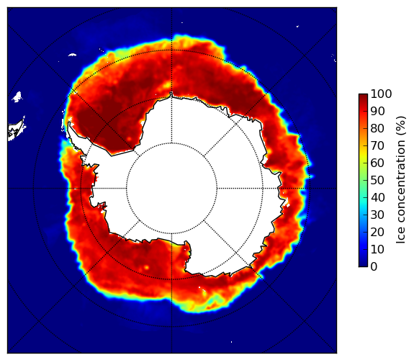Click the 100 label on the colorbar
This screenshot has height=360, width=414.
pos(381,94)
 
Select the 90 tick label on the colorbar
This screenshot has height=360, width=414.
pos(377,111)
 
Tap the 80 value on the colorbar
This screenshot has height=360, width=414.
pos(377,129)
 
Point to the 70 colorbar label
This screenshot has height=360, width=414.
pos(377,145)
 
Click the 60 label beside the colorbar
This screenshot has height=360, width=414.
pos(377,163)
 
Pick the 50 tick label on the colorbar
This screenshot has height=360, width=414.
pos(377,181)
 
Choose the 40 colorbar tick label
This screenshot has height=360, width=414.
pos(377,197)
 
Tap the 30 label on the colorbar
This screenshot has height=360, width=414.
pos(377,215)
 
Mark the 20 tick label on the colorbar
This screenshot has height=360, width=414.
pos(377,232)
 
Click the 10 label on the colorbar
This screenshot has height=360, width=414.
pos(377,249)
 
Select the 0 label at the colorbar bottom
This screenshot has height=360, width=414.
pos(374,267)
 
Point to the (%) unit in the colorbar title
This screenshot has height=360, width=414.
pos(401,126)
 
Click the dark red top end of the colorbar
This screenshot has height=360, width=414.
pos(363,96)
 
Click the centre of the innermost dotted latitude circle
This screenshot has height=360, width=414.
pos(171,189)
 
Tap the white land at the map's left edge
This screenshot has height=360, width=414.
pos(17,130)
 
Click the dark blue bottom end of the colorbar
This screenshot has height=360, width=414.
pos(363,264)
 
